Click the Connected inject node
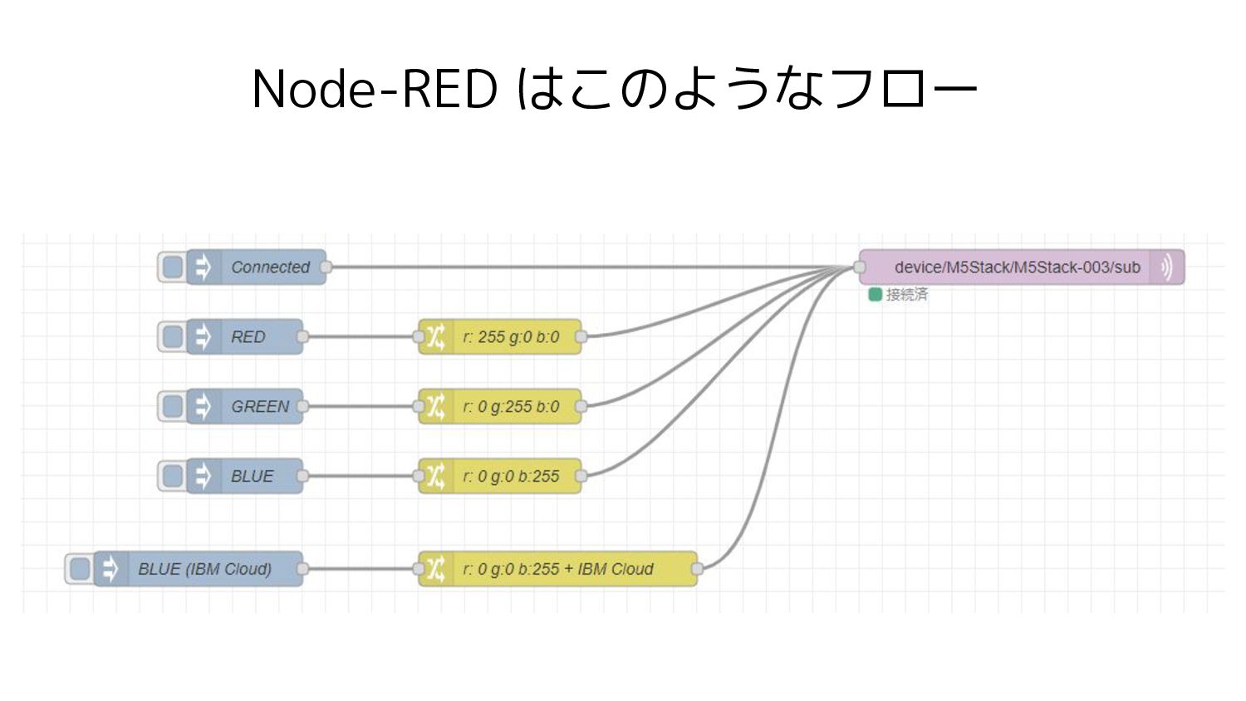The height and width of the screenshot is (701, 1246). click(x=256, y=267)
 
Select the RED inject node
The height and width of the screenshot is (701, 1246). click(x=245, y=336)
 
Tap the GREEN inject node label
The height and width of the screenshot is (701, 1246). click(x=260, y=407)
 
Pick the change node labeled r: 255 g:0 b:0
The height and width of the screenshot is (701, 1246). click(x=500, y=336)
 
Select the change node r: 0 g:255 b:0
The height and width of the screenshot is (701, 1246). click(x=500, y=407)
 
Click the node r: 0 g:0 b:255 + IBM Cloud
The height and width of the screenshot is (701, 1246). click(x=558, y=569)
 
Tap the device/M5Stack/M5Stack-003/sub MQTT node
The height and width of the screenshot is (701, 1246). click(x=1022, y=267)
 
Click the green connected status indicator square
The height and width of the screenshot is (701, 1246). click(x=875, y=294)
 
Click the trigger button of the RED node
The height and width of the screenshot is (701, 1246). click(x=173, y=336)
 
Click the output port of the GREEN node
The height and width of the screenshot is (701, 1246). click(x=302, y=407)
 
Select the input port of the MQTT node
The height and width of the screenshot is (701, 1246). click(x=860, y=267)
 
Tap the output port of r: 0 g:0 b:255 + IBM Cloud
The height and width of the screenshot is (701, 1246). click(x=697, y=569)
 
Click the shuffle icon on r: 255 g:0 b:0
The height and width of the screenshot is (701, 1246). click(x=435, y=336)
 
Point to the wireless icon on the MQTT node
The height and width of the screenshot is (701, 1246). click(x=1167, y=267)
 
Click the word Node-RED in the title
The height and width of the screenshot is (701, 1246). click(x=375, y=89)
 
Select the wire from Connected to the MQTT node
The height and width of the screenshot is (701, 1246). click(x=593, y=267)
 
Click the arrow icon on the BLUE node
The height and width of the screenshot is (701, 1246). click(x=203, y=476)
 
